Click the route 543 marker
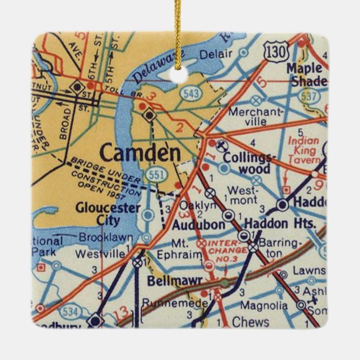pos(192,93)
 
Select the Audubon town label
pos(191,225)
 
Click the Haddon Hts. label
pos(278,224)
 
